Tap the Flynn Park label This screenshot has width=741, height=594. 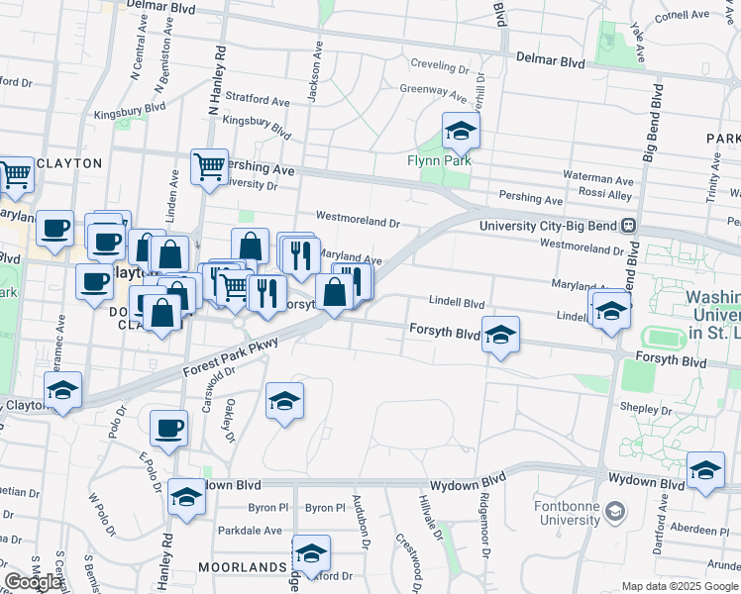[439, 160]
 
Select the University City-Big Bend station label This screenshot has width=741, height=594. [548, 226]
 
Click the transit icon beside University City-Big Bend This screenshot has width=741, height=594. [628, 226]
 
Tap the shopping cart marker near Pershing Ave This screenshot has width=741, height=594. [210, 168]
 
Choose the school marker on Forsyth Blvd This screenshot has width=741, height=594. [501, 335]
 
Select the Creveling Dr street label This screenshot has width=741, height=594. [440, 68]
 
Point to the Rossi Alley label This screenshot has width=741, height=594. [605, 195]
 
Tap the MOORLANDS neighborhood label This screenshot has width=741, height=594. [248, 567]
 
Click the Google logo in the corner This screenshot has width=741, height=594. [33, 582]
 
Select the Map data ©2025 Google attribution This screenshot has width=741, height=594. [680, 586]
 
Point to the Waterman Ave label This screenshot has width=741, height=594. [597, 180]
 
